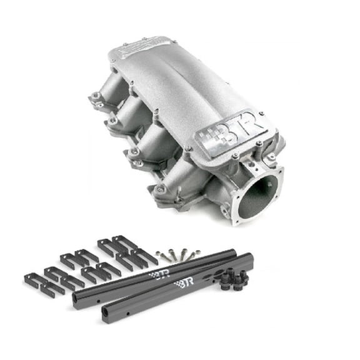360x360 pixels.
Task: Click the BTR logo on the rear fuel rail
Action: coord(159,274)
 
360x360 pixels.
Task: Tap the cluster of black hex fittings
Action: coord(234,279)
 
